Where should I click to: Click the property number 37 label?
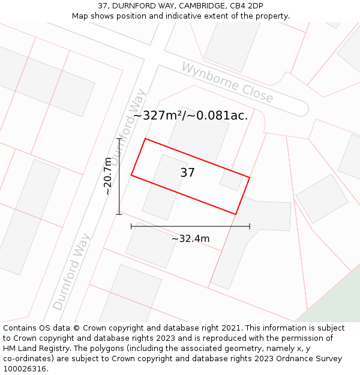click(x=187, y=173)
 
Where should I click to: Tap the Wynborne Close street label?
click(x=227, y=83)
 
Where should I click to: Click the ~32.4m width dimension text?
click(x=190, y=239)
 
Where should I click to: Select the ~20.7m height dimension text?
click(x=108, y=176)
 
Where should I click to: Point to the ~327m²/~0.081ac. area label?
click(x=190, y=116)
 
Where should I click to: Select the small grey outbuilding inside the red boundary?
click(x=231, y=179)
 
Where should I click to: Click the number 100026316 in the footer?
click(x=25, y=368)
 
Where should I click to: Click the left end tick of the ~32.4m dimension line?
click(x=131, y=226)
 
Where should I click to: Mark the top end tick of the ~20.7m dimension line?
click(x=119, y=139)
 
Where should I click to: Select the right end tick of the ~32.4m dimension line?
click(x=250, y=226)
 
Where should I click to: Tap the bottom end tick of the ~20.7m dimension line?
click(x=119, y=214)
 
